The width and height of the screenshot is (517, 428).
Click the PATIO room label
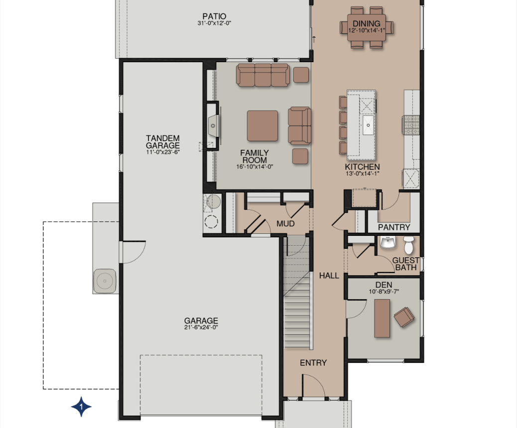coord(214,16)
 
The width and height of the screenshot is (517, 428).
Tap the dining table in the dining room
coord(366,27)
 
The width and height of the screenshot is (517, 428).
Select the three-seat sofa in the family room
coord(263,75)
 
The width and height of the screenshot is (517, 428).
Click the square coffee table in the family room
coord(262,126)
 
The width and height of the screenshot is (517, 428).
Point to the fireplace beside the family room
coord(214,125)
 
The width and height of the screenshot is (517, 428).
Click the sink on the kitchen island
coord(368,125)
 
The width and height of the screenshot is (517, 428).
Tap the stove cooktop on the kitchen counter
coord(411,125)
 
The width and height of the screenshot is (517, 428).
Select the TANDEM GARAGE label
coord(163,142)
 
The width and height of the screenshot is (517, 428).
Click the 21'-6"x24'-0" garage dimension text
coord(201,327)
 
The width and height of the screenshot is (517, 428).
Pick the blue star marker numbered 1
coord(82,407)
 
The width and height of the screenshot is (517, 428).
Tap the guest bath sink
coord(388,243)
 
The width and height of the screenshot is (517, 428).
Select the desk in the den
coord(382,319)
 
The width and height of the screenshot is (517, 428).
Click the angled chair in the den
coord(404,317)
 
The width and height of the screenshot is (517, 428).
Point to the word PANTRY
coord(394,227)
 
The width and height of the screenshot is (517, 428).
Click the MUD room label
coord(285,224)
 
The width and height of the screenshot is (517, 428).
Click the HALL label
coord(329,275)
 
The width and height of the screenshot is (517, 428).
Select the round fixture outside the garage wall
coord(105,281)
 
